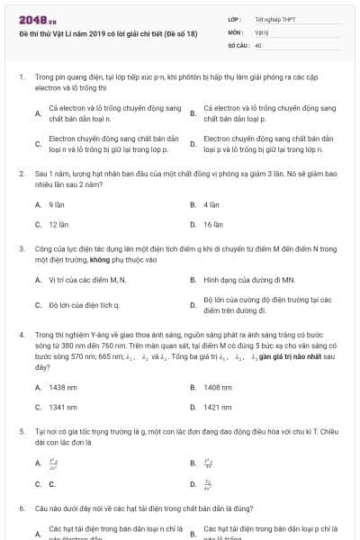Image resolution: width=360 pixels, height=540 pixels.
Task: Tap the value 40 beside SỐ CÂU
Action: point(258,44)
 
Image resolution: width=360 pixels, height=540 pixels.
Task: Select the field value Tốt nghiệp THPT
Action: point(274,19)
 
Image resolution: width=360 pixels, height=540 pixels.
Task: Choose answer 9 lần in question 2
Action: point(57,204)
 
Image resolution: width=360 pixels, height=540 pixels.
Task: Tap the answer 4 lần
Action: point(211,204)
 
